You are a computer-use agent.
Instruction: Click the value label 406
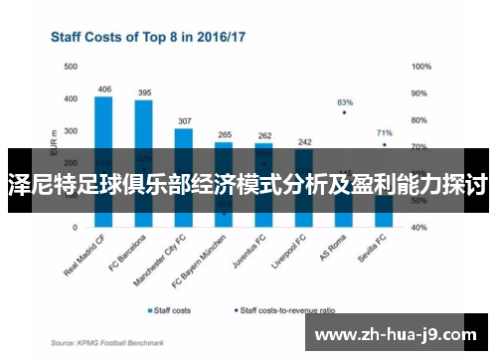click(103, 90)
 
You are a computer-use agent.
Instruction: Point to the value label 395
click(144, 93)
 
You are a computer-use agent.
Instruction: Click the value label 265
click(225, 134)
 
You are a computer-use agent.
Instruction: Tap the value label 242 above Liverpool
click(304, 142)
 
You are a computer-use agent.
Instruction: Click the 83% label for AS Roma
click(345, 102)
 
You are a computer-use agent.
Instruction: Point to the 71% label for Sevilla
click(385, 132)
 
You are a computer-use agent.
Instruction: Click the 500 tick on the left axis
click(71, 67)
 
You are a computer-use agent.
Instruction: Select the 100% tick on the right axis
click(420, 67)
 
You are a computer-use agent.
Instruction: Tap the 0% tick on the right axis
click(416, 226)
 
